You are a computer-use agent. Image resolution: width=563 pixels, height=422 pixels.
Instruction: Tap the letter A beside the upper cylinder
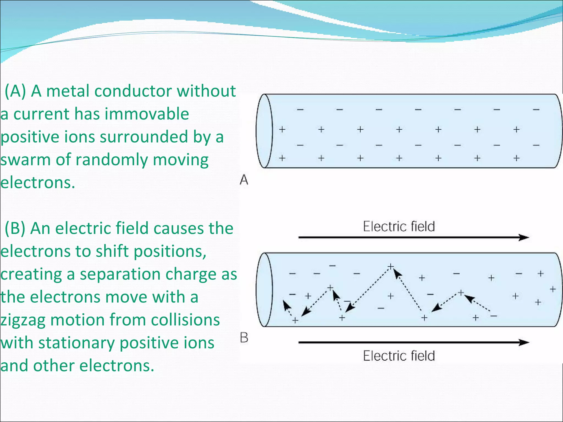coord(244,180)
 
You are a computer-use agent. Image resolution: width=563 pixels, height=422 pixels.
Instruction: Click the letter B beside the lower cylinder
coord(244,338)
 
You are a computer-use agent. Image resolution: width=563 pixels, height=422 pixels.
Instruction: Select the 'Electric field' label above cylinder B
coord(399,227)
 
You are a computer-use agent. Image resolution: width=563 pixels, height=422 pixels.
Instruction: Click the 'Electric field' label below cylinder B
coord(399,356)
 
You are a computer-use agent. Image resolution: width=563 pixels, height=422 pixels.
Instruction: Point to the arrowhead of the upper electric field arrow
coord(524,237)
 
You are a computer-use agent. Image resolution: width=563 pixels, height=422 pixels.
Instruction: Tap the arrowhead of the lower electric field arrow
coord(524,342)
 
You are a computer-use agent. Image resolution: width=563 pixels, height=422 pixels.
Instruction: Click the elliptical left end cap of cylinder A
coord(264,131)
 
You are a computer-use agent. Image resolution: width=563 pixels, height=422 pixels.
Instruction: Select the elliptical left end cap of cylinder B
coord(264,290)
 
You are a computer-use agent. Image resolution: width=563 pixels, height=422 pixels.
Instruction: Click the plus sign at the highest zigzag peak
coord(390,266)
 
